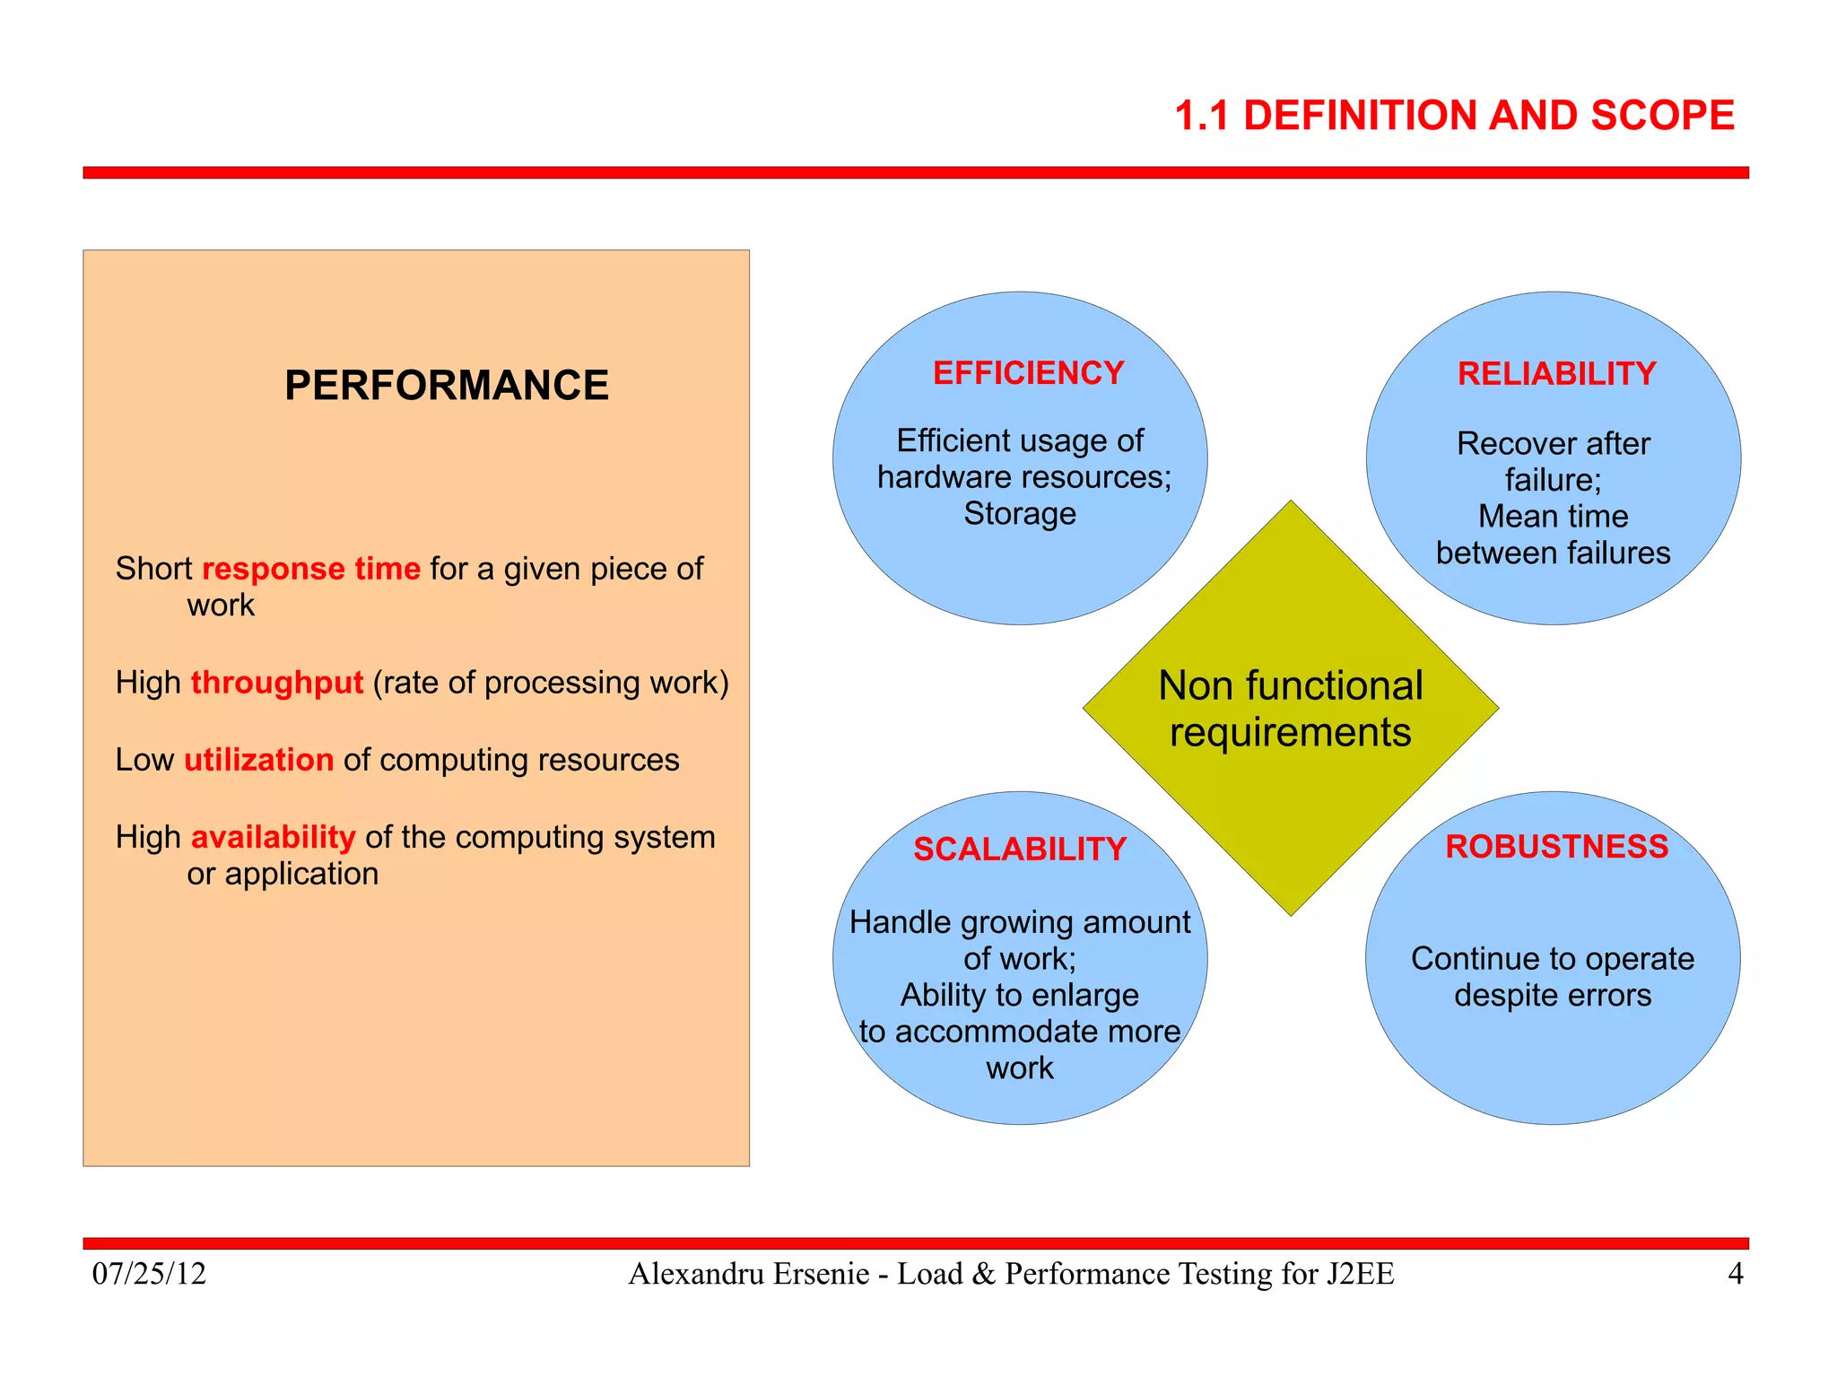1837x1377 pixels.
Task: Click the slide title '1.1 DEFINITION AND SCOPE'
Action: pos(1454,116)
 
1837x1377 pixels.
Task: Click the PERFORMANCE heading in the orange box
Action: pos(446,386)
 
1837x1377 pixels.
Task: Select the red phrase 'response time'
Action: pos(311,569)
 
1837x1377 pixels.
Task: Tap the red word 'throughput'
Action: pos(277,683)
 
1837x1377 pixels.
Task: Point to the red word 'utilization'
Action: pos(259,760)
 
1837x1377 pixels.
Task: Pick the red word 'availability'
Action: pos(274,837)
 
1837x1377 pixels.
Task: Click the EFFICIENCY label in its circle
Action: pos(1028,373)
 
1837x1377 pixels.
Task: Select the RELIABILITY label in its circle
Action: pos(1556,374)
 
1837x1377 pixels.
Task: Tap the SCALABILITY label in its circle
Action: pos(1020,850)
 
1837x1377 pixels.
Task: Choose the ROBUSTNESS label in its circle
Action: pos(1556,847)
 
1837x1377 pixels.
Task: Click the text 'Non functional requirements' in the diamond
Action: pos(1290,709)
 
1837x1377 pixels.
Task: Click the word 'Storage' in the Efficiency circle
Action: pos(1020,514)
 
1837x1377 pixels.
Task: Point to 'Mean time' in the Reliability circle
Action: pos(1553,517)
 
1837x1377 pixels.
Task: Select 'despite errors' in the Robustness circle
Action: pos(1553,996)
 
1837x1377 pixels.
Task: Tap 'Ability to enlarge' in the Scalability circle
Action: pos(1020,996)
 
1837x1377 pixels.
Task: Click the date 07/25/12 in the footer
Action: pos(149,1274)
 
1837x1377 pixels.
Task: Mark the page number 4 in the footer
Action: pos(1736,1274)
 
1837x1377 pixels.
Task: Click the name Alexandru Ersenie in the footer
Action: pos(749,1274)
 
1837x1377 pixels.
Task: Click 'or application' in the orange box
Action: pos(283,874)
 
